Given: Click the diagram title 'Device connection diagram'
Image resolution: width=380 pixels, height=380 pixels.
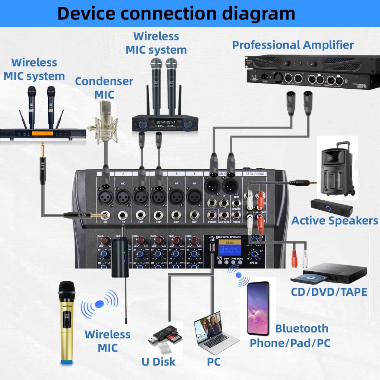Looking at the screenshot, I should [176, 13].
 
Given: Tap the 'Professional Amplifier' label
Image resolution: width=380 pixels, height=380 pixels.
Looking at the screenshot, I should [293, 45].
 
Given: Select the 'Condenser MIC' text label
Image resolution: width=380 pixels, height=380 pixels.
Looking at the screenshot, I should [104, 88].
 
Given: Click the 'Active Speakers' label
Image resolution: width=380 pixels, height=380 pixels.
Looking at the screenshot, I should [335, 220].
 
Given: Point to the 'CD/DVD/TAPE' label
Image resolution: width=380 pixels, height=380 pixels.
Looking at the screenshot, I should [329, 292].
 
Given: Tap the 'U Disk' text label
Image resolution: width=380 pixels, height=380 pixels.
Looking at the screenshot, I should [158, 361].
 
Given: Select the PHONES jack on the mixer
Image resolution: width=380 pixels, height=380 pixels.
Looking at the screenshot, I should [212, 215].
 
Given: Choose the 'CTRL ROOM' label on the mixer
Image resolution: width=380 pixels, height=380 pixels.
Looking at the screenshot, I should [255, 173].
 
